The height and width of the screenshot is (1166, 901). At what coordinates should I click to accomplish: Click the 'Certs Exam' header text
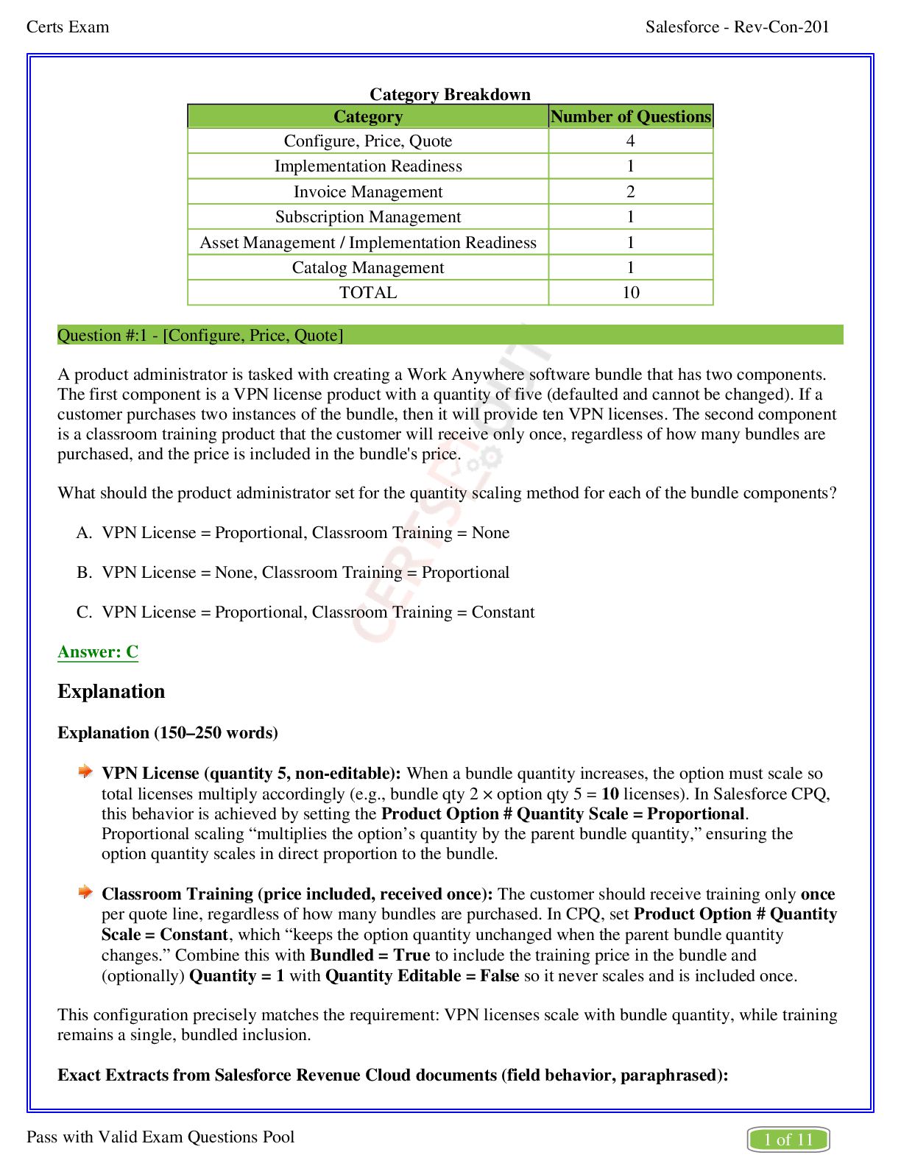tap(68, 27)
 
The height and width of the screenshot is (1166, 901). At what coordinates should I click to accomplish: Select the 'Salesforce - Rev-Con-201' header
tap(737, 27)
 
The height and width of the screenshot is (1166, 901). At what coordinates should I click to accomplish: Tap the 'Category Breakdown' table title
tap(450, 94)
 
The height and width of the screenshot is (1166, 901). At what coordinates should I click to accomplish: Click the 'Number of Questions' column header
tap(631, 116)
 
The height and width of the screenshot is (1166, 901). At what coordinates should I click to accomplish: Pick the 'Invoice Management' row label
tap(368, 192)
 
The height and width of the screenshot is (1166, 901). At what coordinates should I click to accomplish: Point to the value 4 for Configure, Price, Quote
tap(630, 141)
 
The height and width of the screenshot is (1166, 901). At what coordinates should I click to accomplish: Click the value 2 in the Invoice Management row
tap(630, 192)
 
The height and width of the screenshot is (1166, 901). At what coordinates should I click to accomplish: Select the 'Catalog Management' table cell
tap(368, 268)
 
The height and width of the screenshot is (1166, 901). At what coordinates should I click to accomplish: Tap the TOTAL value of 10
tap(631, 293)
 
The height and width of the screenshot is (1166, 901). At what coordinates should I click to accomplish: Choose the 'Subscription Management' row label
tap(368, 217)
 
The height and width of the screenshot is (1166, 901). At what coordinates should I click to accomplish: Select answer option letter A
tap(83, 533)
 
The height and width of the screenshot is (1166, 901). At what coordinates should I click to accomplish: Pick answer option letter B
tap(83, 573)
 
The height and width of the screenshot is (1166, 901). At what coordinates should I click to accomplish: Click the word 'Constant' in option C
tap(503, 612)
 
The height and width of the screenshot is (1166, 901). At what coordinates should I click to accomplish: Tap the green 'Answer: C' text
tap(98, 652)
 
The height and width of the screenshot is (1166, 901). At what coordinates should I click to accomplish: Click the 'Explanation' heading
tap(111, 692)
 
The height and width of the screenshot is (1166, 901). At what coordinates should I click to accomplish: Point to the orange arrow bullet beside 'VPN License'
tap(86, 771)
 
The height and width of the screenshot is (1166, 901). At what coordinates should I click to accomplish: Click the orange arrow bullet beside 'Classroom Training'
tap(86, 892)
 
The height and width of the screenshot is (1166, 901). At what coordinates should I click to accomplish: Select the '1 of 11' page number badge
tap(788, 1139)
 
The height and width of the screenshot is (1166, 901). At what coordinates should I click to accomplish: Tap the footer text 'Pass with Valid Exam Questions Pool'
tap(160, 1137)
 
